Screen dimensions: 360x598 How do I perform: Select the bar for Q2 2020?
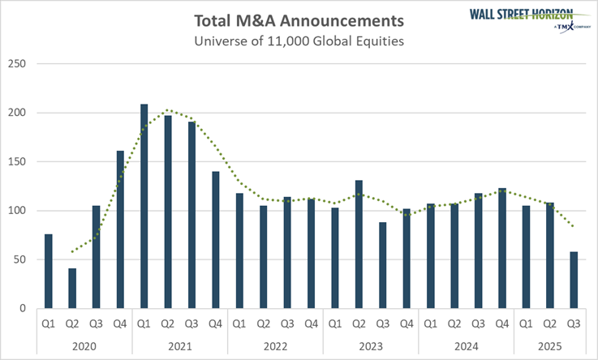click(x=72, y=288)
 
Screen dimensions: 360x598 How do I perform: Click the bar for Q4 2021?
click(x=216, y=239)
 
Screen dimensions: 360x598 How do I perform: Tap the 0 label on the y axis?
click(x=24, y=309)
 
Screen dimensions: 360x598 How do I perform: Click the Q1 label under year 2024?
click(x=432, y=324)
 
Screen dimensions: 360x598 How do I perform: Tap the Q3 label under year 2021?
click(x=192, y=324)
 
